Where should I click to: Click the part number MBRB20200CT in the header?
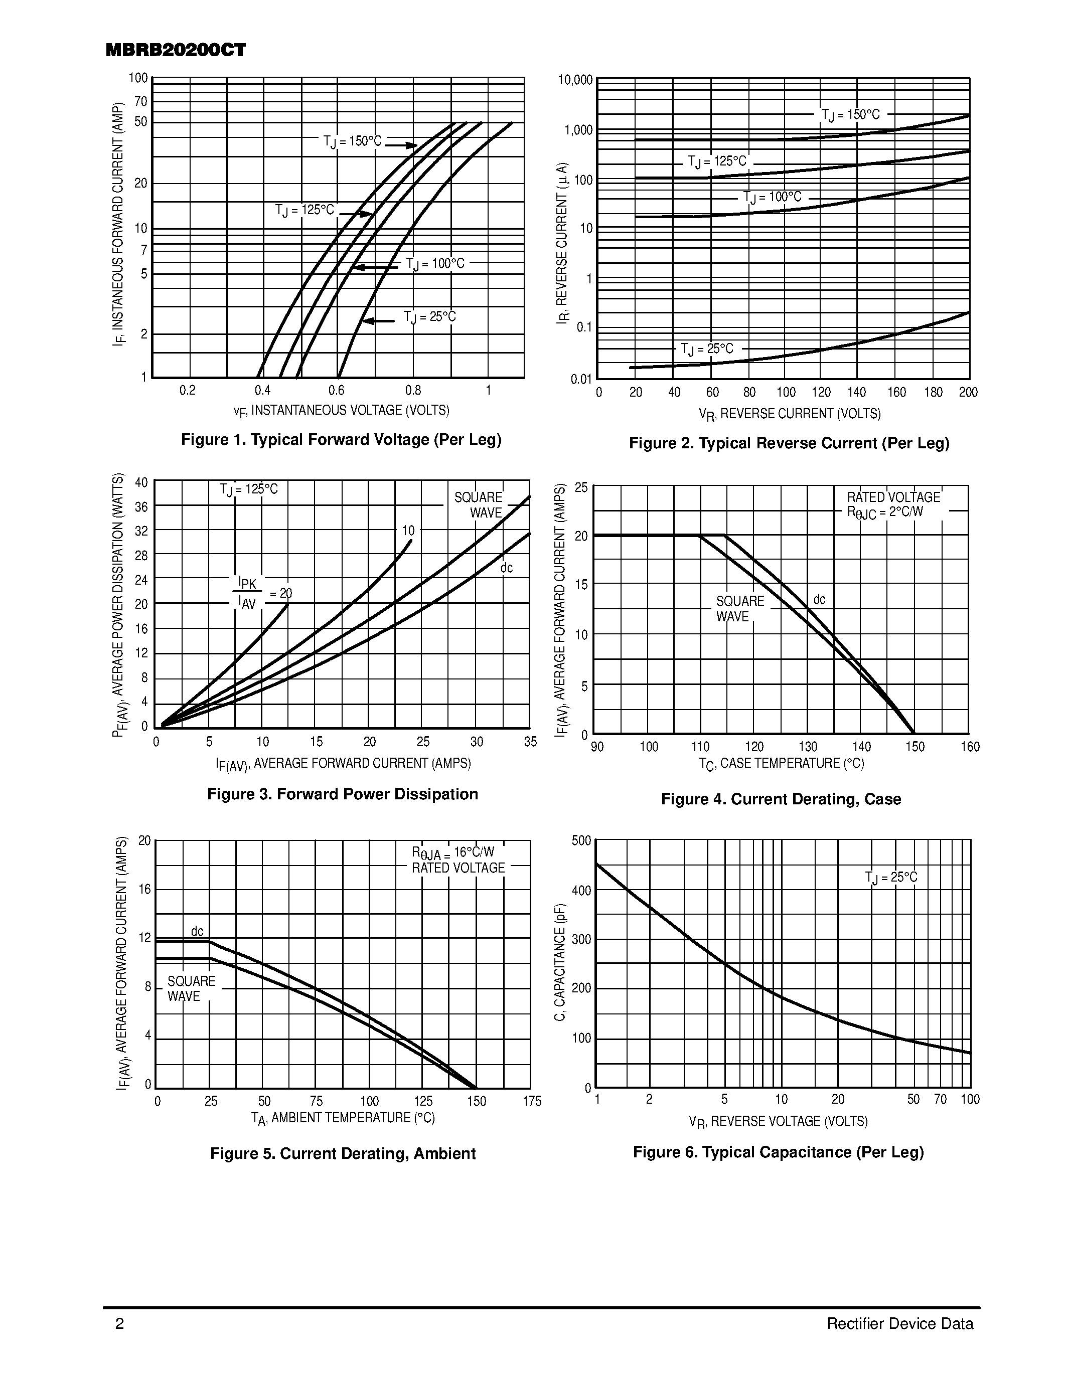pyautogui.click(x=176, y=51)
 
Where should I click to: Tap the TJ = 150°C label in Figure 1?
pyautogui.click(x=352, y=141)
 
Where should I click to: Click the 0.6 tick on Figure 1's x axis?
pyautogui.click(x=337, y=390)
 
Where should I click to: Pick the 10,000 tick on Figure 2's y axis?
pyautogui.click(x=575, y=80)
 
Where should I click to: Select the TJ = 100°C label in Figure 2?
pyautogui.click(x=773, y=198)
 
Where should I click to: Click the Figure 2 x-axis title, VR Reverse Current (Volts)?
pyautogui.click(x=790, y=414)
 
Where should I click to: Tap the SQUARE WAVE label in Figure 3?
pyautogui.click(x=479, y=505)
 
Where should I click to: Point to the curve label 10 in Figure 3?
pyautogui.click(x=408, y=531)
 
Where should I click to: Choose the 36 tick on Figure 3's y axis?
pyautogui.click(x=141, y=507)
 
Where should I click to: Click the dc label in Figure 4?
pyautogui.click(x=819, y=599)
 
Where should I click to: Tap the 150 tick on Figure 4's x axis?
pyautogui.click(x=915, y=747)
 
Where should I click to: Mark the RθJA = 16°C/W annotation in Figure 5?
pyautogui.click(x=453, y=853)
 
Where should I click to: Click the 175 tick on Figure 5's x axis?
pyautogui.click(x=532, y=1101)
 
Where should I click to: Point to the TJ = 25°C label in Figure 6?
pyautogui.click(x=891, y=878)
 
